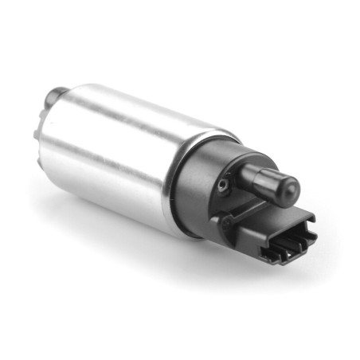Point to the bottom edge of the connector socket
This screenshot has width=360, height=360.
[x=279, y=259]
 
